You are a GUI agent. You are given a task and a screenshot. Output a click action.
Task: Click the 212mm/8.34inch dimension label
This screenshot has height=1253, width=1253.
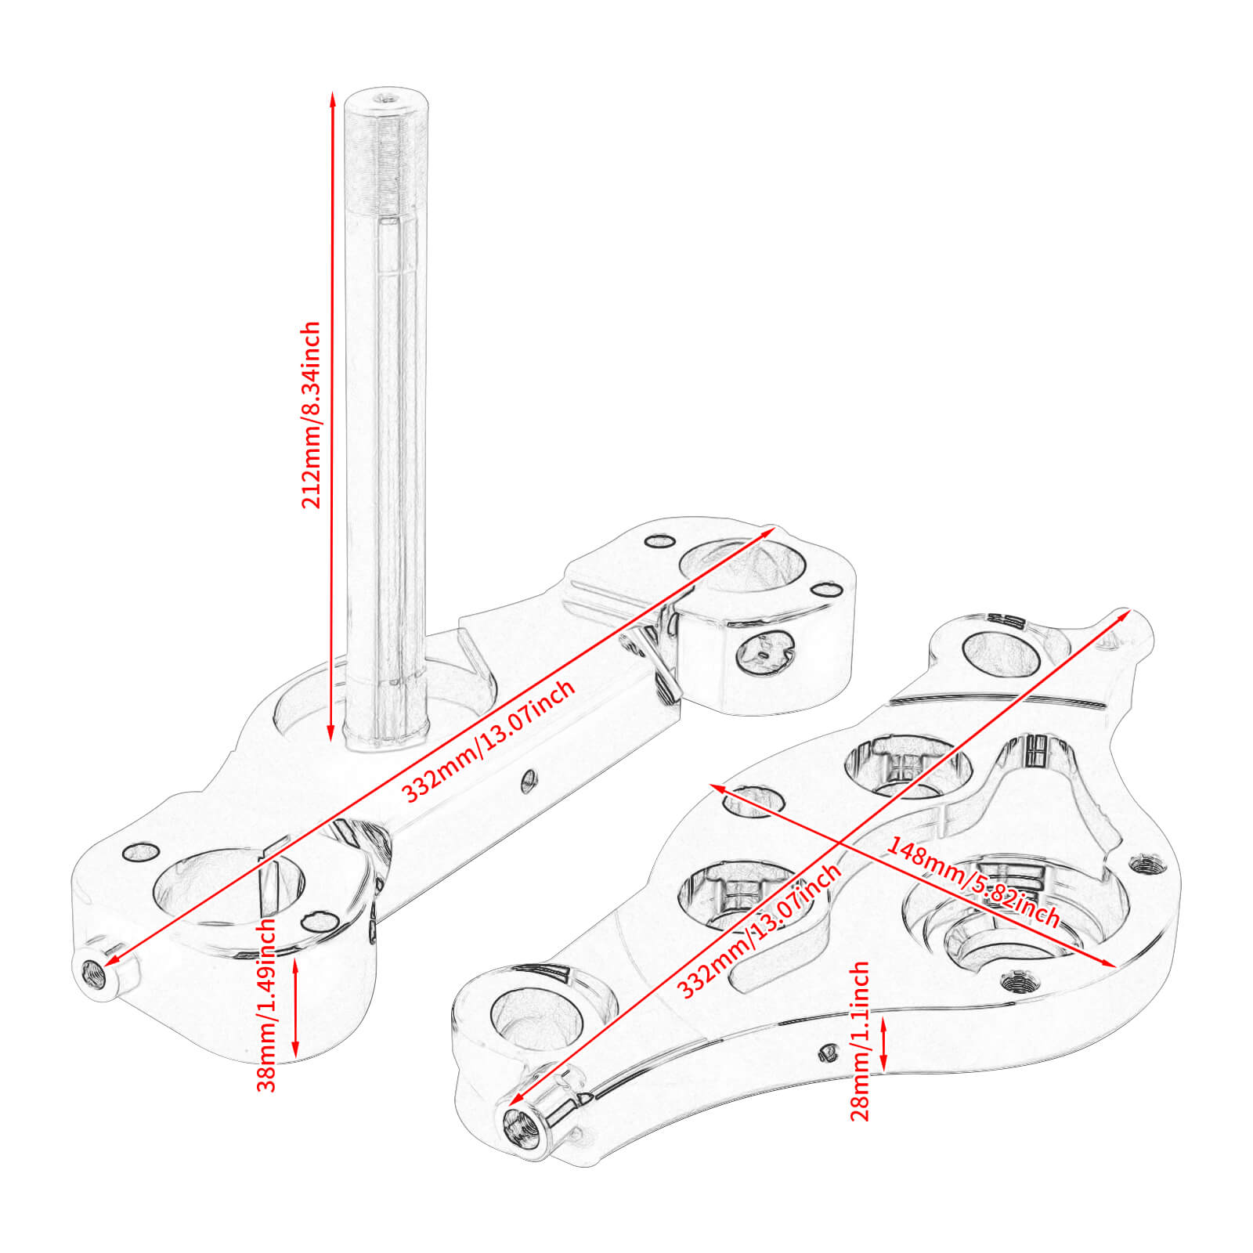tap(312, 415)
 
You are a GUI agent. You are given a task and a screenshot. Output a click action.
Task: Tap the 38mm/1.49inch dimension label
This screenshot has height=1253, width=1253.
tap(267, 1005)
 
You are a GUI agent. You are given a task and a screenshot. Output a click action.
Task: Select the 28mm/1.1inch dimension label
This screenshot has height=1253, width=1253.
tap(860, 1041)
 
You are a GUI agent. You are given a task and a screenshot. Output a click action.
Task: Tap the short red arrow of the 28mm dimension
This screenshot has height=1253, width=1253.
tap(883, 1042)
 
